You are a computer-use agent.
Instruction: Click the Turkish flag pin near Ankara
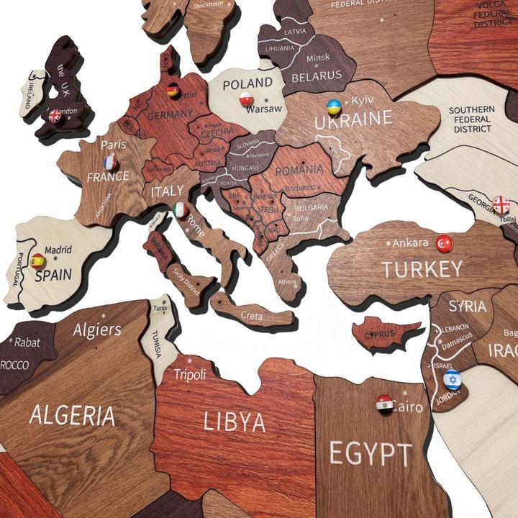[444, 244]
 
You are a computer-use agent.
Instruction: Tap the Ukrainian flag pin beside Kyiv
[334, 107]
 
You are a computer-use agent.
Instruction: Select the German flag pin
[173, 91]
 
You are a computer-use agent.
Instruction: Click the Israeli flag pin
[452, 379]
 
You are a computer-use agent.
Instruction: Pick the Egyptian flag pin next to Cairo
[384, 404]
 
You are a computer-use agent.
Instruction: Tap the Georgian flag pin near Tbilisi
[501, 204]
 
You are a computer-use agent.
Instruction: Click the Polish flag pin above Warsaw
[246, 99]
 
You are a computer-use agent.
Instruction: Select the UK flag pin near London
[55, 115]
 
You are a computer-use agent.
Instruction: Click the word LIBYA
[234, 422]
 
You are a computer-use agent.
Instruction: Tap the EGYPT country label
[371, 454]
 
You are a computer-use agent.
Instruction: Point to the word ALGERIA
[72, 415]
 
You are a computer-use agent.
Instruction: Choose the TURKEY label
[422, 270]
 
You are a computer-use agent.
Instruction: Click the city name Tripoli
[190, 374]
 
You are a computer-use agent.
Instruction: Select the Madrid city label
[59, 250]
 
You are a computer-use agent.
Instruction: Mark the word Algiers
[97, 330]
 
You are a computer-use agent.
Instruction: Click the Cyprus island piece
[384, 333]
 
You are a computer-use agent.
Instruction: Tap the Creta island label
[252, 315]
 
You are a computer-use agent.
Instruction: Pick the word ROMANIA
[299, 171]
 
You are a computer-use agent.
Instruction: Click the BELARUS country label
[317, 75]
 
